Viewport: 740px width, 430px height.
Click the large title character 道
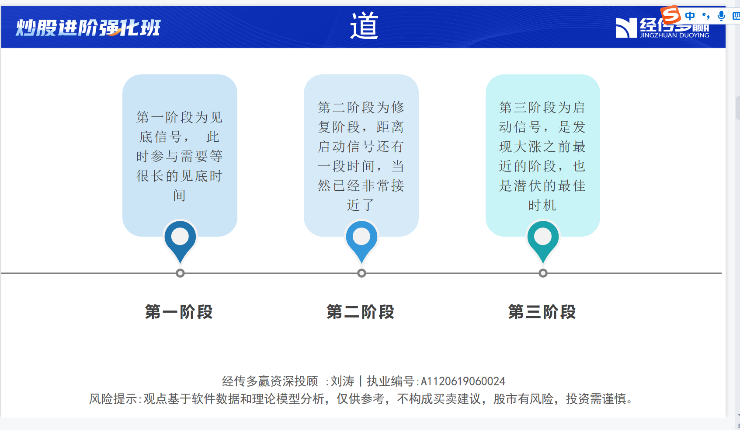coord(364,25)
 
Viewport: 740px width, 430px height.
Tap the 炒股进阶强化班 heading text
coord(88,28)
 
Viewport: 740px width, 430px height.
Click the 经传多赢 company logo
coord(662,28)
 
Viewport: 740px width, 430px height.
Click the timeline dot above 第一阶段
coord(180,273)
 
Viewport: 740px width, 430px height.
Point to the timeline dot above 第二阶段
coord(361,273)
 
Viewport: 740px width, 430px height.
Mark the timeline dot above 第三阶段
coord(543,273)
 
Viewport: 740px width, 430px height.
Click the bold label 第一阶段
coord(179,312)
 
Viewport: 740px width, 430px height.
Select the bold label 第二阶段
coord(361,312)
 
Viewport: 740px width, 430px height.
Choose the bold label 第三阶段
coord(542,312)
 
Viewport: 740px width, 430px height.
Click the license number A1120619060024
coord(463,381)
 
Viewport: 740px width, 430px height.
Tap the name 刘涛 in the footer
coord(343,381)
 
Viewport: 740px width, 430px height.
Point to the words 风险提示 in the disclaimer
coord(113,399)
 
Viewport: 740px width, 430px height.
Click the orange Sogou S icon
coord(671,15)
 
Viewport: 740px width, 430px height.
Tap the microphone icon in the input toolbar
coord(721,16)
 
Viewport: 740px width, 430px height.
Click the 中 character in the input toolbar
coord(690,16)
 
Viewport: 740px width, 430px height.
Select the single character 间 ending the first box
coord(179,196)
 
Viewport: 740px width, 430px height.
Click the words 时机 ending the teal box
coord(542,205)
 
